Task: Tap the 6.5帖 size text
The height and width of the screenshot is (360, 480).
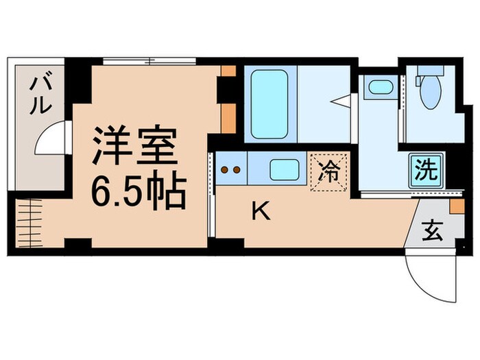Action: [x=136, y=193]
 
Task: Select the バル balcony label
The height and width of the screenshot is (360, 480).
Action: [x=39, y=96]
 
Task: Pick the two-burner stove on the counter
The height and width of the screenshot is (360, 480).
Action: [x=230, y=169]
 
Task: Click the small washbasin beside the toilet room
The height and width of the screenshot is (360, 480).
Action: [x=379, y=88]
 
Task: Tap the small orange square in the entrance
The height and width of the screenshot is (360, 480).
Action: [x=454, y=205]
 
